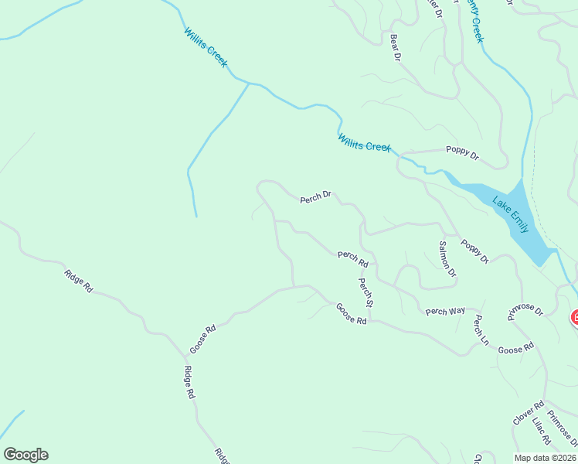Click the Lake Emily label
point(512,216)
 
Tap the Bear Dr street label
point(396,48)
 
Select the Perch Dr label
point(315,198)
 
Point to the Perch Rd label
point(352,258)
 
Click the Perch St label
point(365,292)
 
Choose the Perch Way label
point(445,311)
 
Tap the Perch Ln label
point(481,329)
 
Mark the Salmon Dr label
point(447,259)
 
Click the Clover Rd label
point(529,413)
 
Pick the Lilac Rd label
point(541,431)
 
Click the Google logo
point(25,455)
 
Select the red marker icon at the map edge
point(574,317)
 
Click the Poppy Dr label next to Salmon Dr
point(474,251)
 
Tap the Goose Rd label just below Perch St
point(351,313)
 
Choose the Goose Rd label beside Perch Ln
point(515,350)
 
